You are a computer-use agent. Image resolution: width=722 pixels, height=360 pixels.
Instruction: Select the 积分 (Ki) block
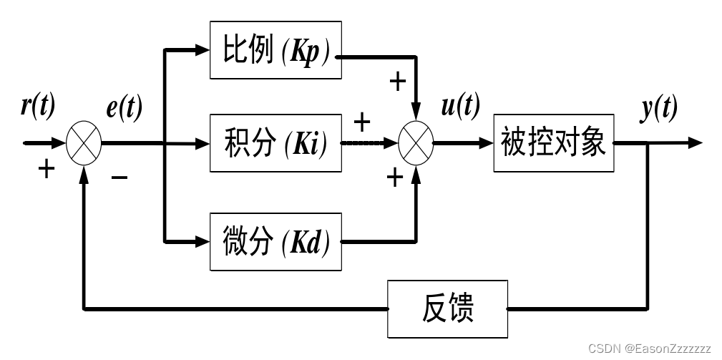point(275,143)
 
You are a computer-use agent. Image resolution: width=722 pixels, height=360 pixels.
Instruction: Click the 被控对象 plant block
point(554,143)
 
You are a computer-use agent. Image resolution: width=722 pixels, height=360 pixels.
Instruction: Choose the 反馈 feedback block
point(448,309)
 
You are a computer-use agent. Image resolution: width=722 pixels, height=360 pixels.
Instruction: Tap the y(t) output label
point(658,108)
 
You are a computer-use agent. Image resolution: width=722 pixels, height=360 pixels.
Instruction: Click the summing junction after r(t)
point(84,143)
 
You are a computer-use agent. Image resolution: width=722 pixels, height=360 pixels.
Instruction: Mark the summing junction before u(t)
point(415,143)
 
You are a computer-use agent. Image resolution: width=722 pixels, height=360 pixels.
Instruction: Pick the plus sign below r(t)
point(46,170)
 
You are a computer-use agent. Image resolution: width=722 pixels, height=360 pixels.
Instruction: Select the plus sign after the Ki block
point(362,123)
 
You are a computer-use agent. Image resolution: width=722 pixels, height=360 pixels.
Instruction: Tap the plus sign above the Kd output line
point(394,177)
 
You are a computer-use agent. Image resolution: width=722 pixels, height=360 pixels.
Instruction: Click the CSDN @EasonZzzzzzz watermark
point(649,349)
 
